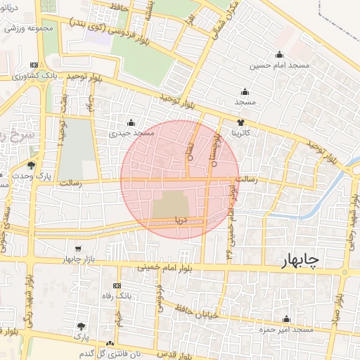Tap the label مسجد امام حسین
[281, 65]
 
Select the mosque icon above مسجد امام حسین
[280, 55]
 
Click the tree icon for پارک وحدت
[32, 166]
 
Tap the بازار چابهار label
[78, 259]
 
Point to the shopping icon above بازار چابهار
[77, 249]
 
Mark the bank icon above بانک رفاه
[117, 285]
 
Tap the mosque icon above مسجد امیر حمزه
[285, 319]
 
